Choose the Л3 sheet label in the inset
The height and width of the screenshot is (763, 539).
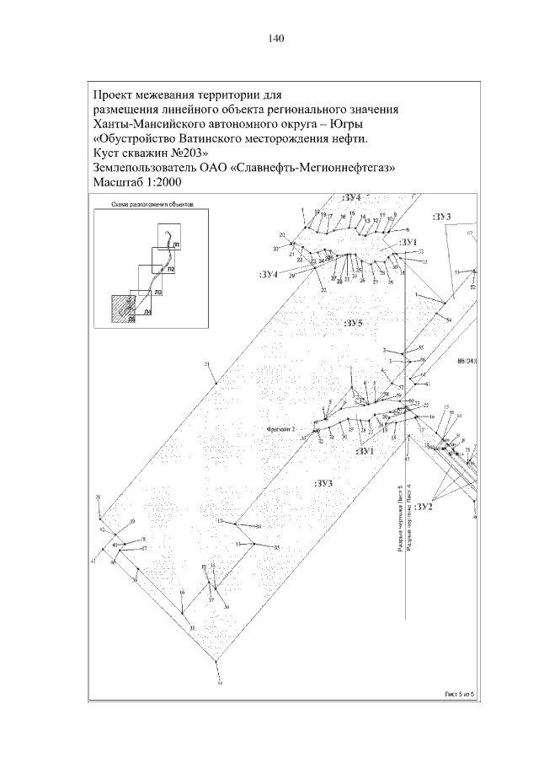(157, 291)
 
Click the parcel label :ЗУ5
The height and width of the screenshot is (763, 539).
(354, 324)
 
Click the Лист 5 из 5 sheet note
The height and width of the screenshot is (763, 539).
(460, 693)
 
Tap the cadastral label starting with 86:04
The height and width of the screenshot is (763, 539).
(467, 361)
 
